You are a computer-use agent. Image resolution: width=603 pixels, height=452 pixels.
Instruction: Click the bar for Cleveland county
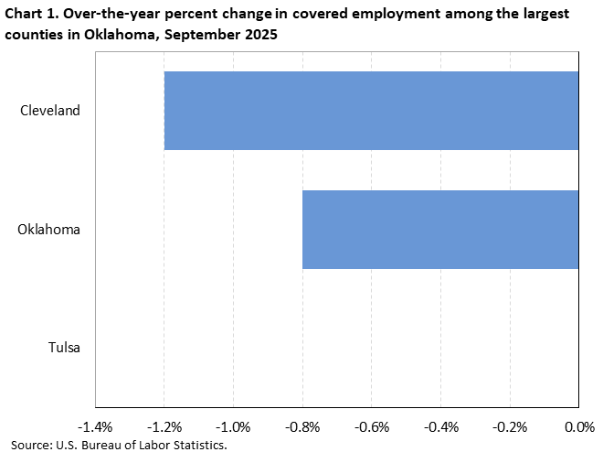coord(371,111)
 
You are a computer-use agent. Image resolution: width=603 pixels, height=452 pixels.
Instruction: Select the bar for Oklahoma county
coord(440,230)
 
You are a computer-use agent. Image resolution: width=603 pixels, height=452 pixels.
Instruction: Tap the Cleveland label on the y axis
coord(50,111)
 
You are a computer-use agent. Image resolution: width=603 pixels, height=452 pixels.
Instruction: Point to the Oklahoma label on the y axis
coord(49,230)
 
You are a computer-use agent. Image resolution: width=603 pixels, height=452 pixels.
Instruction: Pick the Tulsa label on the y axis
coord(64,348)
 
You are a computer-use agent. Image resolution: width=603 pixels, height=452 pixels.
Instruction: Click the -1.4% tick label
coord(96,427)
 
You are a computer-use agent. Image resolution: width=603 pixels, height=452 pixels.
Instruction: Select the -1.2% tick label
coord(164,427)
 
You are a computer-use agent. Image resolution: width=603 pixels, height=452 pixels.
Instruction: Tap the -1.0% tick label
coord(234,427)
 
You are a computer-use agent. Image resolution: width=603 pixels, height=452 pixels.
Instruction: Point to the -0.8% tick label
coord(302,427)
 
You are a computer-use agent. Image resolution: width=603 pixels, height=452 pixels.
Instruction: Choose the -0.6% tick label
coord(372,427)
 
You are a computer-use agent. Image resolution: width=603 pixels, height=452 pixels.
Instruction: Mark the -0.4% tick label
coord(440,427)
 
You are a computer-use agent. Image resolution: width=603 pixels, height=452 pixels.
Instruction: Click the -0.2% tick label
coord(510,427)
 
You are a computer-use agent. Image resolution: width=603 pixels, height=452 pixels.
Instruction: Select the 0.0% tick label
coord(579,427)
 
